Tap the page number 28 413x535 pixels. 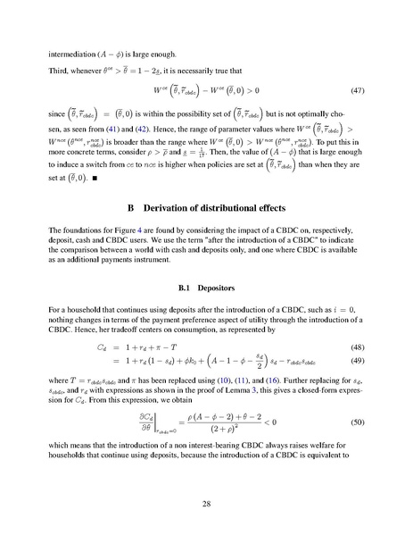click(x=206, y=505)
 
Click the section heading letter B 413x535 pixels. click(x=107, y=209)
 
